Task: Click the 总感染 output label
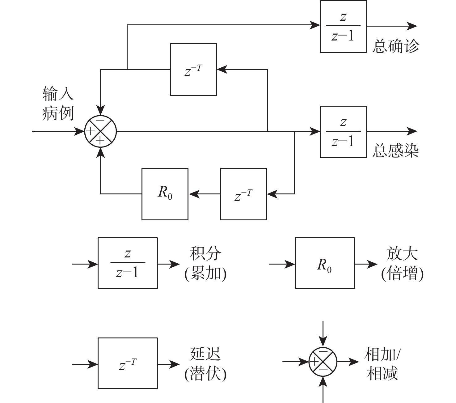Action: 395,151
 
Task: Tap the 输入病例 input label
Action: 58,103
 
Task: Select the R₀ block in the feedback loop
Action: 165,194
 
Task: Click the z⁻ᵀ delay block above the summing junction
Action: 193,69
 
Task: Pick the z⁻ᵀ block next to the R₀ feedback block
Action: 243,194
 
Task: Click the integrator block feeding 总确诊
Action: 343,26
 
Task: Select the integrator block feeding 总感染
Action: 343,132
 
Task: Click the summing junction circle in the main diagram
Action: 100,131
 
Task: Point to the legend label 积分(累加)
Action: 205,263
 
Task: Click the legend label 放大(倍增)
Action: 402,263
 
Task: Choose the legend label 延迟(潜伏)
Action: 205,364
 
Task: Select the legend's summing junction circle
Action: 323,361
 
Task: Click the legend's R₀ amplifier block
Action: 325,263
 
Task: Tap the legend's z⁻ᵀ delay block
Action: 128,363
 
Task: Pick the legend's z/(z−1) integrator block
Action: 128,263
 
